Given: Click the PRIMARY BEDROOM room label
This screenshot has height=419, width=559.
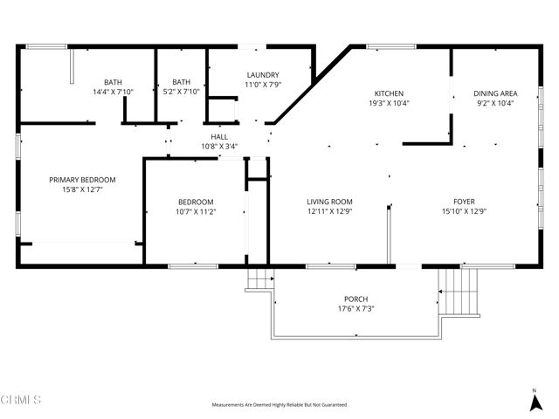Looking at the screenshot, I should [82, 180].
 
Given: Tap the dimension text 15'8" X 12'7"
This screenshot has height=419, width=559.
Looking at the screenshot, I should [82, 189].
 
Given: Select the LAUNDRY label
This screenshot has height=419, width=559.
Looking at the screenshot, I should [262, 75].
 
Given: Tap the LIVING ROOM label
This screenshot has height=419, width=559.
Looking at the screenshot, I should [329, 202].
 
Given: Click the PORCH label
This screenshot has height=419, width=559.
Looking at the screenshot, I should [355, 299].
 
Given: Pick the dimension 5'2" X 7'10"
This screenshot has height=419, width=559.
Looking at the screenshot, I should [181, 92].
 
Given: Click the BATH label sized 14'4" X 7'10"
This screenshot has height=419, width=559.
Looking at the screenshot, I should [114, 82].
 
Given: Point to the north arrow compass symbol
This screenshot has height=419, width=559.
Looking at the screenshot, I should [535, 401].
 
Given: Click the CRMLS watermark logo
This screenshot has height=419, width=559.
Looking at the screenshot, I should [21, 400].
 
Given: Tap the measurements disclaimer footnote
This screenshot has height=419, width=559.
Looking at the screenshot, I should [279, 405].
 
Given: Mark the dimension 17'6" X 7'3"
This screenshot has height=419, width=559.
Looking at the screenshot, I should [355, 309].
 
